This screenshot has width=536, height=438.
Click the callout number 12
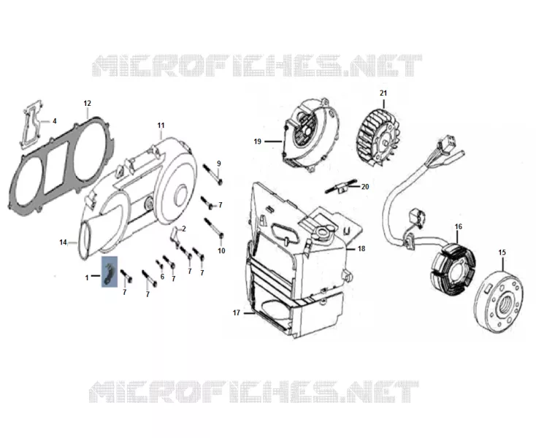[87, 103]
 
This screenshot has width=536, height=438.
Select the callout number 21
[383, 93]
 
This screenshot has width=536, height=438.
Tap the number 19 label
[257, 141]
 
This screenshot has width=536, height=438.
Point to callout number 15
[502, 253]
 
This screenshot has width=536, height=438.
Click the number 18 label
[361, 249]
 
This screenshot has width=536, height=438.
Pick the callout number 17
[236, 312]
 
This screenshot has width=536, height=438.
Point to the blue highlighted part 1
[110, 272]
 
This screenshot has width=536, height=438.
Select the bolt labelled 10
[214, 228]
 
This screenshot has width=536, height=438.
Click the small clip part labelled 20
[340, 186]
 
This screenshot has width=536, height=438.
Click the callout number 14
[63, 242]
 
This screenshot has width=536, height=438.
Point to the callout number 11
[161, 126]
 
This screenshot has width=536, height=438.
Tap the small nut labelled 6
[159, 264]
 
